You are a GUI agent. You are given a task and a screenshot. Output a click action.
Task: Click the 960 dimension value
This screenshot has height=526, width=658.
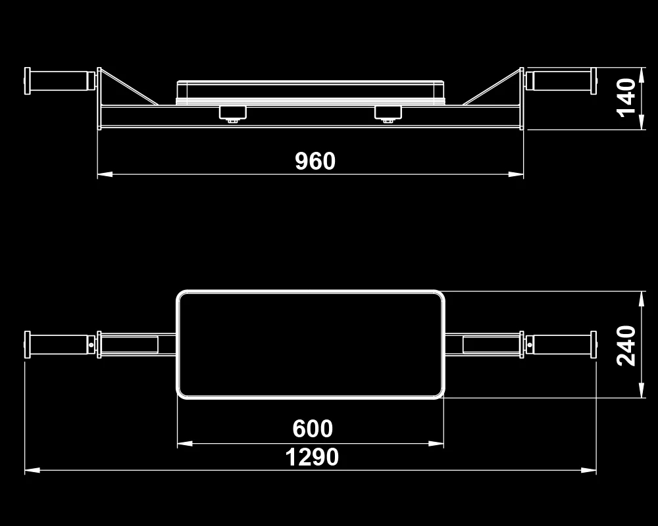315,161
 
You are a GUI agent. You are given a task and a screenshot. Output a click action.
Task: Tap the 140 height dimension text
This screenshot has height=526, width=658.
626,97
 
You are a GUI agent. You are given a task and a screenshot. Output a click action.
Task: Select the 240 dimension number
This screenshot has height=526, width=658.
626,346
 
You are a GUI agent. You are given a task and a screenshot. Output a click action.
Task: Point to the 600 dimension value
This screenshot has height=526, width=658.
313,429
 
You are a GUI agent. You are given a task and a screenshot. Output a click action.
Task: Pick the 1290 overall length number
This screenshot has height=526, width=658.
312,457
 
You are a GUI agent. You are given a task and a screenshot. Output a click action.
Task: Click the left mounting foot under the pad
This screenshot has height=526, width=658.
233,114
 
